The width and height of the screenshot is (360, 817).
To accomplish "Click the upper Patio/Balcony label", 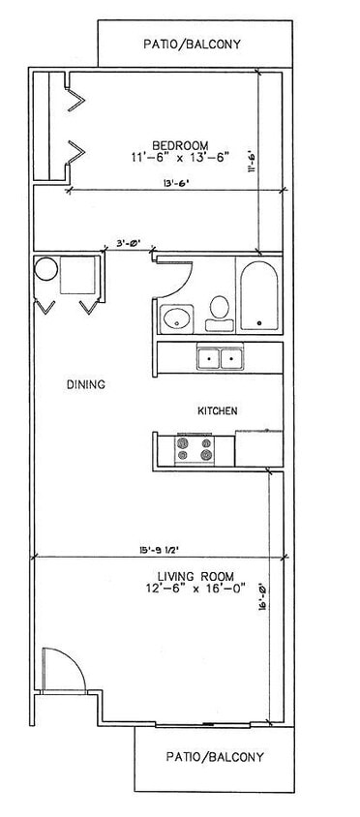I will click(192, 44).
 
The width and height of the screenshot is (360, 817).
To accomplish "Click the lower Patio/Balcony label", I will click(215, 757).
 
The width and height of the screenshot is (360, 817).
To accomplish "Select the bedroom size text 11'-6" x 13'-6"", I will click(179, 156).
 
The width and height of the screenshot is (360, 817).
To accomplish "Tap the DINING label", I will click(86, 384).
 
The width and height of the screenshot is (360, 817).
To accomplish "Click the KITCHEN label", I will click(218, 411).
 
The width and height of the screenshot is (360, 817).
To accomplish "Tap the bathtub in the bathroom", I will click(258, 296).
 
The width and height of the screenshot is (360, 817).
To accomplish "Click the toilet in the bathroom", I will click(219, 310).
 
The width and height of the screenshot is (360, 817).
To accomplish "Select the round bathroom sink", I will click(177, 317).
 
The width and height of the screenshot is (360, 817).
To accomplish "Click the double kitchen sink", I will click(220, 359).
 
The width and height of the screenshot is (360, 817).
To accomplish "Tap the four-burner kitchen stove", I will click(194, 449).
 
